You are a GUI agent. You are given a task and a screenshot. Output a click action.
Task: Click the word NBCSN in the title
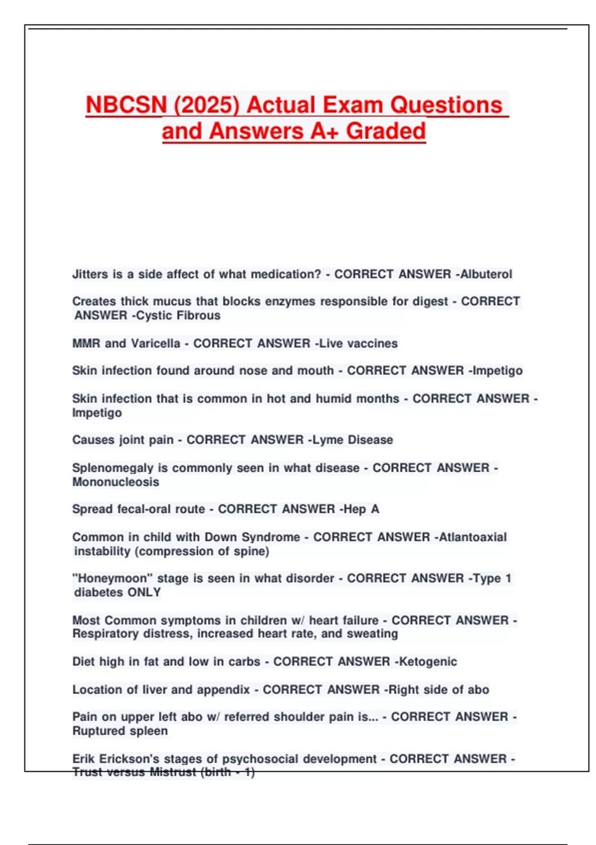[126, 105]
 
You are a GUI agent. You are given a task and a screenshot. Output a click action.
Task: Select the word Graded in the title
[386, 131]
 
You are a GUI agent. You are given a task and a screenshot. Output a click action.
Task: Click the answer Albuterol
[486, 274]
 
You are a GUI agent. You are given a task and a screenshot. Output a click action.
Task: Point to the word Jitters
[90, 274]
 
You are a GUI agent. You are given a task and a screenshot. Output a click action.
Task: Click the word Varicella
[155, 343]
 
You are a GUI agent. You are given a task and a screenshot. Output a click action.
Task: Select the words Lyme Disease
[353, 440]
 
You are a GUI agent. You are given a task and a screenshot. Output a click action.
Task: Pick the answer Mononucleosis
[116, 482]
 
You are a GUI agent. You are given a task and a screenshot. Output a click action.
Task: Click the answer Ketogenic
[428, 662]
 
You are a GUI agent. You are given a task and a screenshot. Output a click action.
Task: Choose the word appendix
[223, 690]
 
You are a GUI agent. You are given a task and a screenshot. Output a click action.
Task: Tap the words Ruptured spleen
[120, 731]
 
